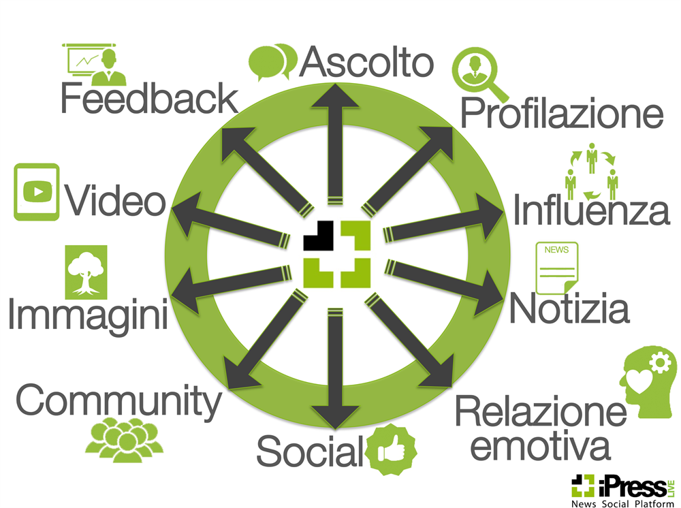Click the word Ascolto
coord(366,62)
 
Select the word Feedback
coord(149,98)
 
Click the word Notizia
coord(569,308)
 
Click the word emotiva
coord(540,446)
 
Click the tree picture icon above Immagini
coord(86,271)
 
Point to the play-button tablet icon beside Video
coord(37,191)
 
